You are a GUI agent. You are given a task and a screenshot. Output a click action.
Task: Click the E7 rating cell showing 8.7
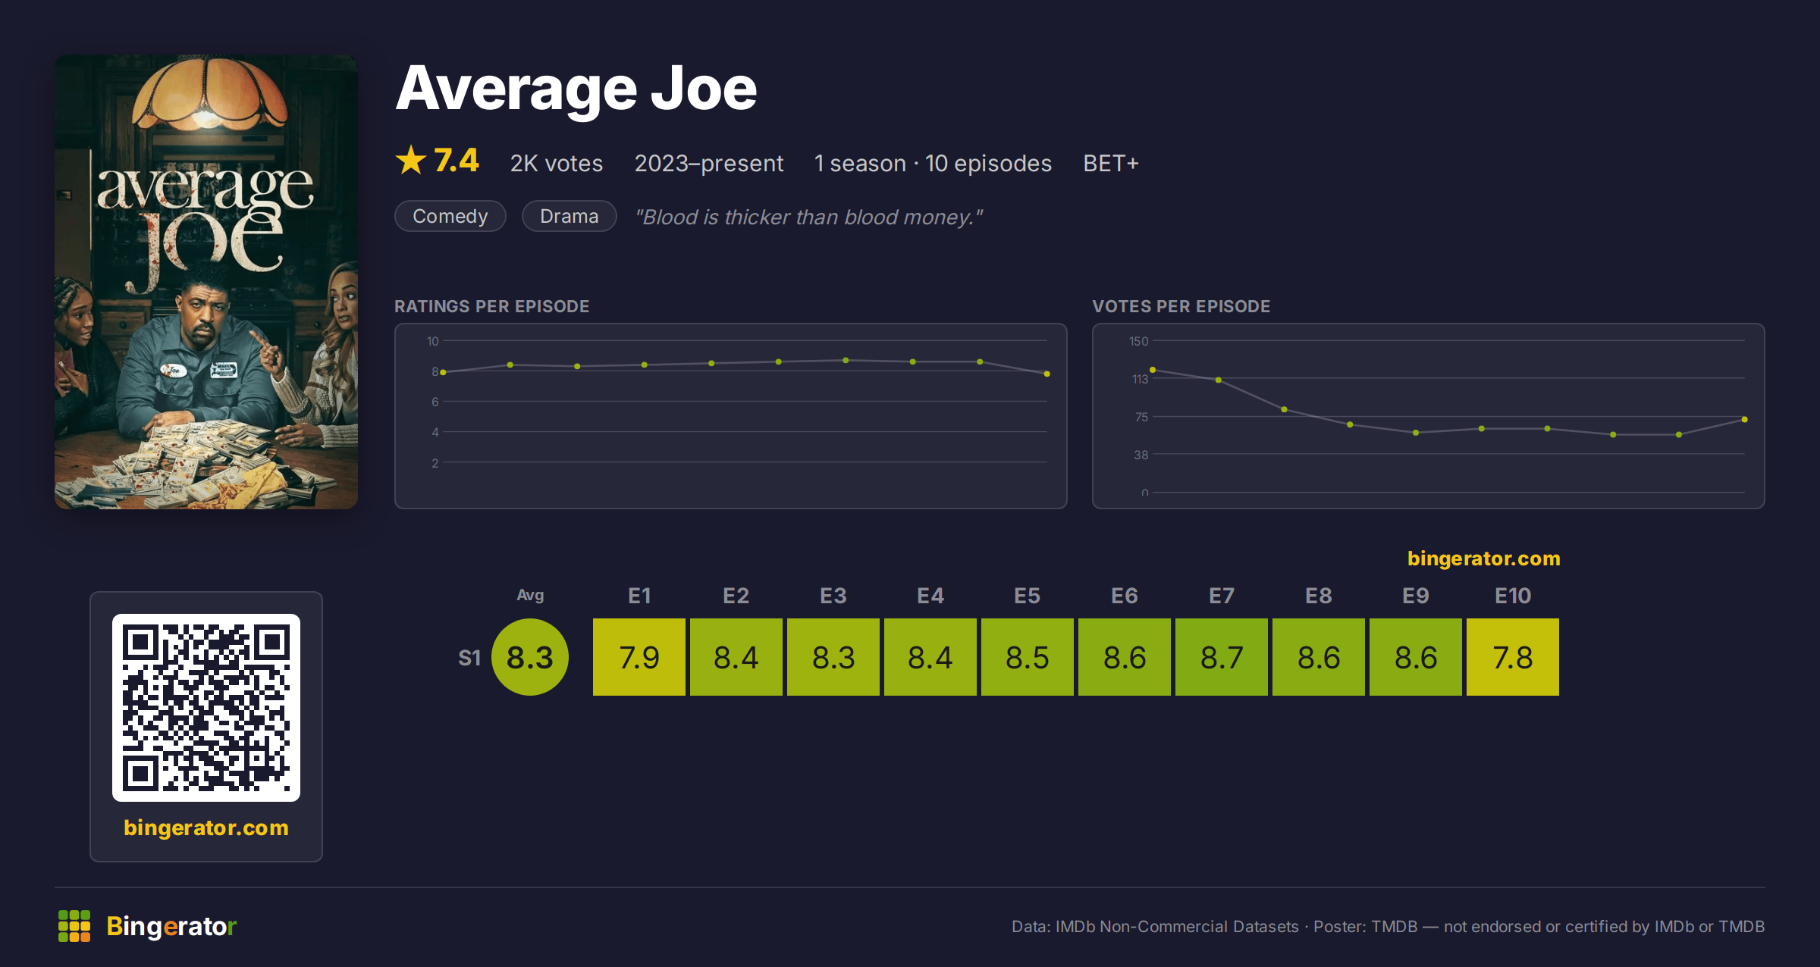pyautogui.click(x=1222, y=657)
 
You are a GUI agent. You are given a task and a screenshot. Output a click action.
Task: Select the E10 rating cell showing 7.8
pyautogui.click(x=1513, y=657)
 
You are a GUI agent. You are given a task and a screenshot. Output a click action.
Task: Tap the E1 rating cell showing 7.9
pyautogui.click(x=639, y=657)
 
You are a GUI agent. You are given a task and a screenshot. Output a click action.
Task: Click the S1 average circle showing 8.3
pyautogui.click(x=530, y=657)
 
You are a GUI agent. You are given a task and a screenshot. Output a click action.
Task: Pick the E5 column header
pyautogui.click(x=1028, y=596)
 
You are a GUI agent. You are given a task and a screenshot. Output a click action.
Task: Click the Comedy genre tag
pyautogui.click(x=450, y=216)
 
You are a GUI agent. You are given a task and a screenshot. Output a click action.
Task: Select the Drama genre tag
pyautogui.click(x=570, y=216)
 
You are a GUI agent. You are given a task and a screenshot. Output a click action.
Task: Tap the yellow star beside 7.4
pyautogui.click(x=411, y=160)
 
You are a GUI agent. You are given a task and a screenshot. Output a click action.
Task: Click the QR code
pyautogui.click(x=206, y=708)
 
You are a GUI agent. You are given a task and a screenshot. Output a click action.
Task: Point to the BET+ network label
pyautogui.click(x=1111, y=163)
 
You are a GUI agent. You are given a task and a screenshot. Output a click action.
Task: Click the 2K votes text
pyautogui.click(x=557, y=163)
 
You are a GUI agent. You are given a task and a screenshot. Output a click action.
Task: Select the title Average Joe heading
pyautogui.click(x=576, y=89)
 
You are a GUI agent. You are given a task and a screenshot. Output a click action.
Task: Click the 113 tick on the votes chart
pyautogui.click(x=1140, y=379)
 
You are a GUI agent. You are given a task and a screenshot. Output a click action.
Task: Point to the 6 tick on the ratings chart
pyautogui.click(x=435, y=402)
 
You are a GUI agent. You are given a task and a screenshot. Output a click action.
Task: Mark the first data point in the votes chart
pyautogui.click(x=1153, y=370)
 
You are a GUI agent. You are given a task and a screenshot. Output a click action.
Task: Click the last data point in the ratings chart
pyautogui.click(x=1047, y=374)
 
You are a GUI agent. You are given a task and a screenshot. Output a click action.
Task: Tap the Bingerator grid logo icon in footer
pyautogui.click(x=74, y=926)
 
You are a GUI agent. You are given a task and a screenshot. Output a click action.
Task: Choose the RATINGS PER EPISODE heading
pyautogui.click(x=492, y=306)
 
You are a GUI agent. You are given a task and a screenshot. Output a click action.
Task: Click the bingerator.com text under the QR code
pyautogui.click(x=206, y=828)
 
